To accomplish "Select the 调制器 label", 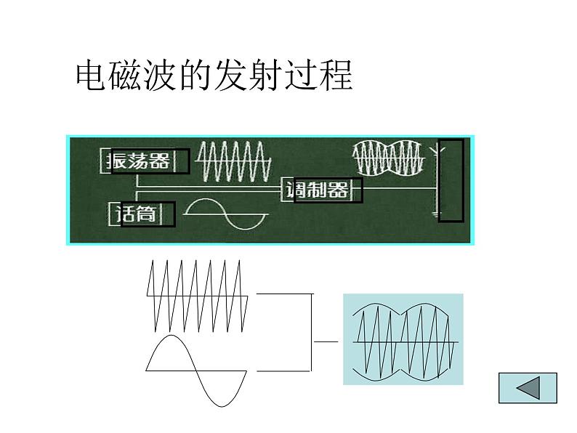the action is pyautogui.click(x=317, y=190).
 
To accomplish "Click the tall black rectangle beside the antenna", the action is pyautogui.click(x=451, y=179).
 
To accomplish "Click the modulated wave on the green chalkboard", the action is pyautogui.click(x=388, y=158).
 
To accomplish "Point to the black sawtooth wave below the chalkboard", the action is pyautogui.click(x=198, y=296).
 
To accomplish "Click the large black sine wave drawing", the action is pyautogui.click(x=196, y=371).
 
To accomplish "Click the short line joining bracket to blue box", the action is pyautogui.click(x=326, y=341).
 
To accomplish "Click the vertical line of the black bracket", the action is pyautogui.click(x=312, y=332).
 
